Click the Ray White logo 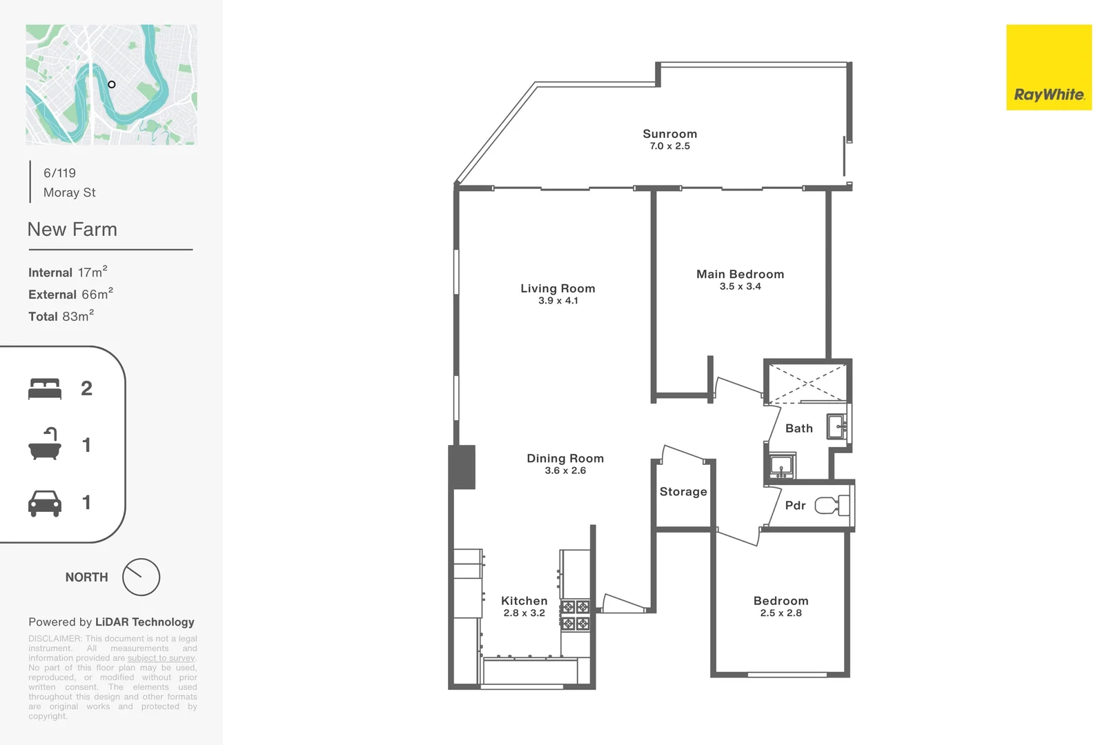tap(1048, 68)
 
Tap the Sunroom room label tap(669, 134)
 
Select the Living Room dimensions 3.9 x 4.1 tap(558, 301)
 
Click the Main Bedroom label tap(740, 274)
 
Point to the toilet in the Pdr tap(831, 506)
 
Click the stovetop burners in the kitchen tap(575, 615)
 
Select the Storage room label tap(683, 492)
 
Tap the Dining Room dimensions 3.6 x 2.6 tap(565, 470)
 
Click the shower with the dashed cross tap(807, 382)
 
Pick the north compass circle tap(141, 577)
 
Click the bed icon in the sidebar tap(45, 388)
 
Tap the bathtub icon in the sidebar tap(45, 445)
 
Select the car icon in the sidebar tap(45, 503)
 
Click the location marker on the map tap(112, 84)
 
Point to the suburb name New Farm tap(72, 230)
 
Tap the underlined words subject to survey tap(161, 658)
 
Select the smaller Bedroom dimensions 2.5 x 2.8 tap(781, 613)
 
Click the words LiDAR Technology tap(144, 622)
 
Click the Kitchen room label tap(524, 601)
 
